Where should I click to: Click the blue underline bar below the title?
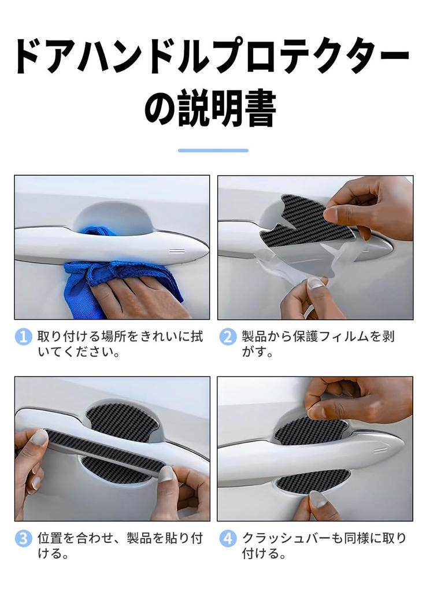(213, 150)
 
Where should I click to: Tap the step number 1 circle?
(23, 336)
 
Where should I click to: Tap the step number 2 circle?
(228, 336)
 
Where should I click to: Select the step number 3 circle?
(23, 539)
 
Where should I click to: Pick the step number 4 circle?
(228, 539)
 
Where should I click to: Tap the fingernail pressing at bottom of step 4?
(318, 497)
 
